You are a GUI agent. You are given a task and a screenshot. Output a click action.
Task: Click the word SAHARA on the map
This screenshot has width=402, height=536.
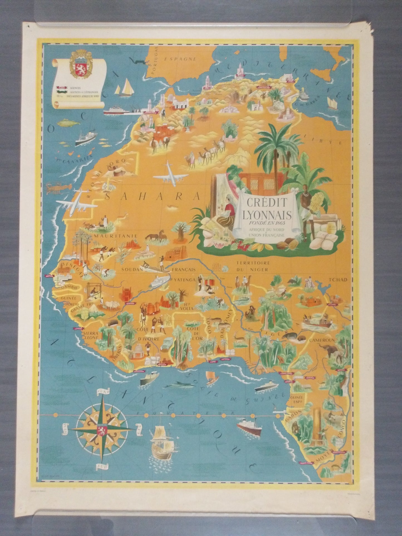click(x=153, y=196)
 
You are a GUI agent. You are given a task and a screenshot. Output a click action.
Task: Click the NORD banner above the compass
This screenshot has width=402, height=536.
click(x=103, y=392)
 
